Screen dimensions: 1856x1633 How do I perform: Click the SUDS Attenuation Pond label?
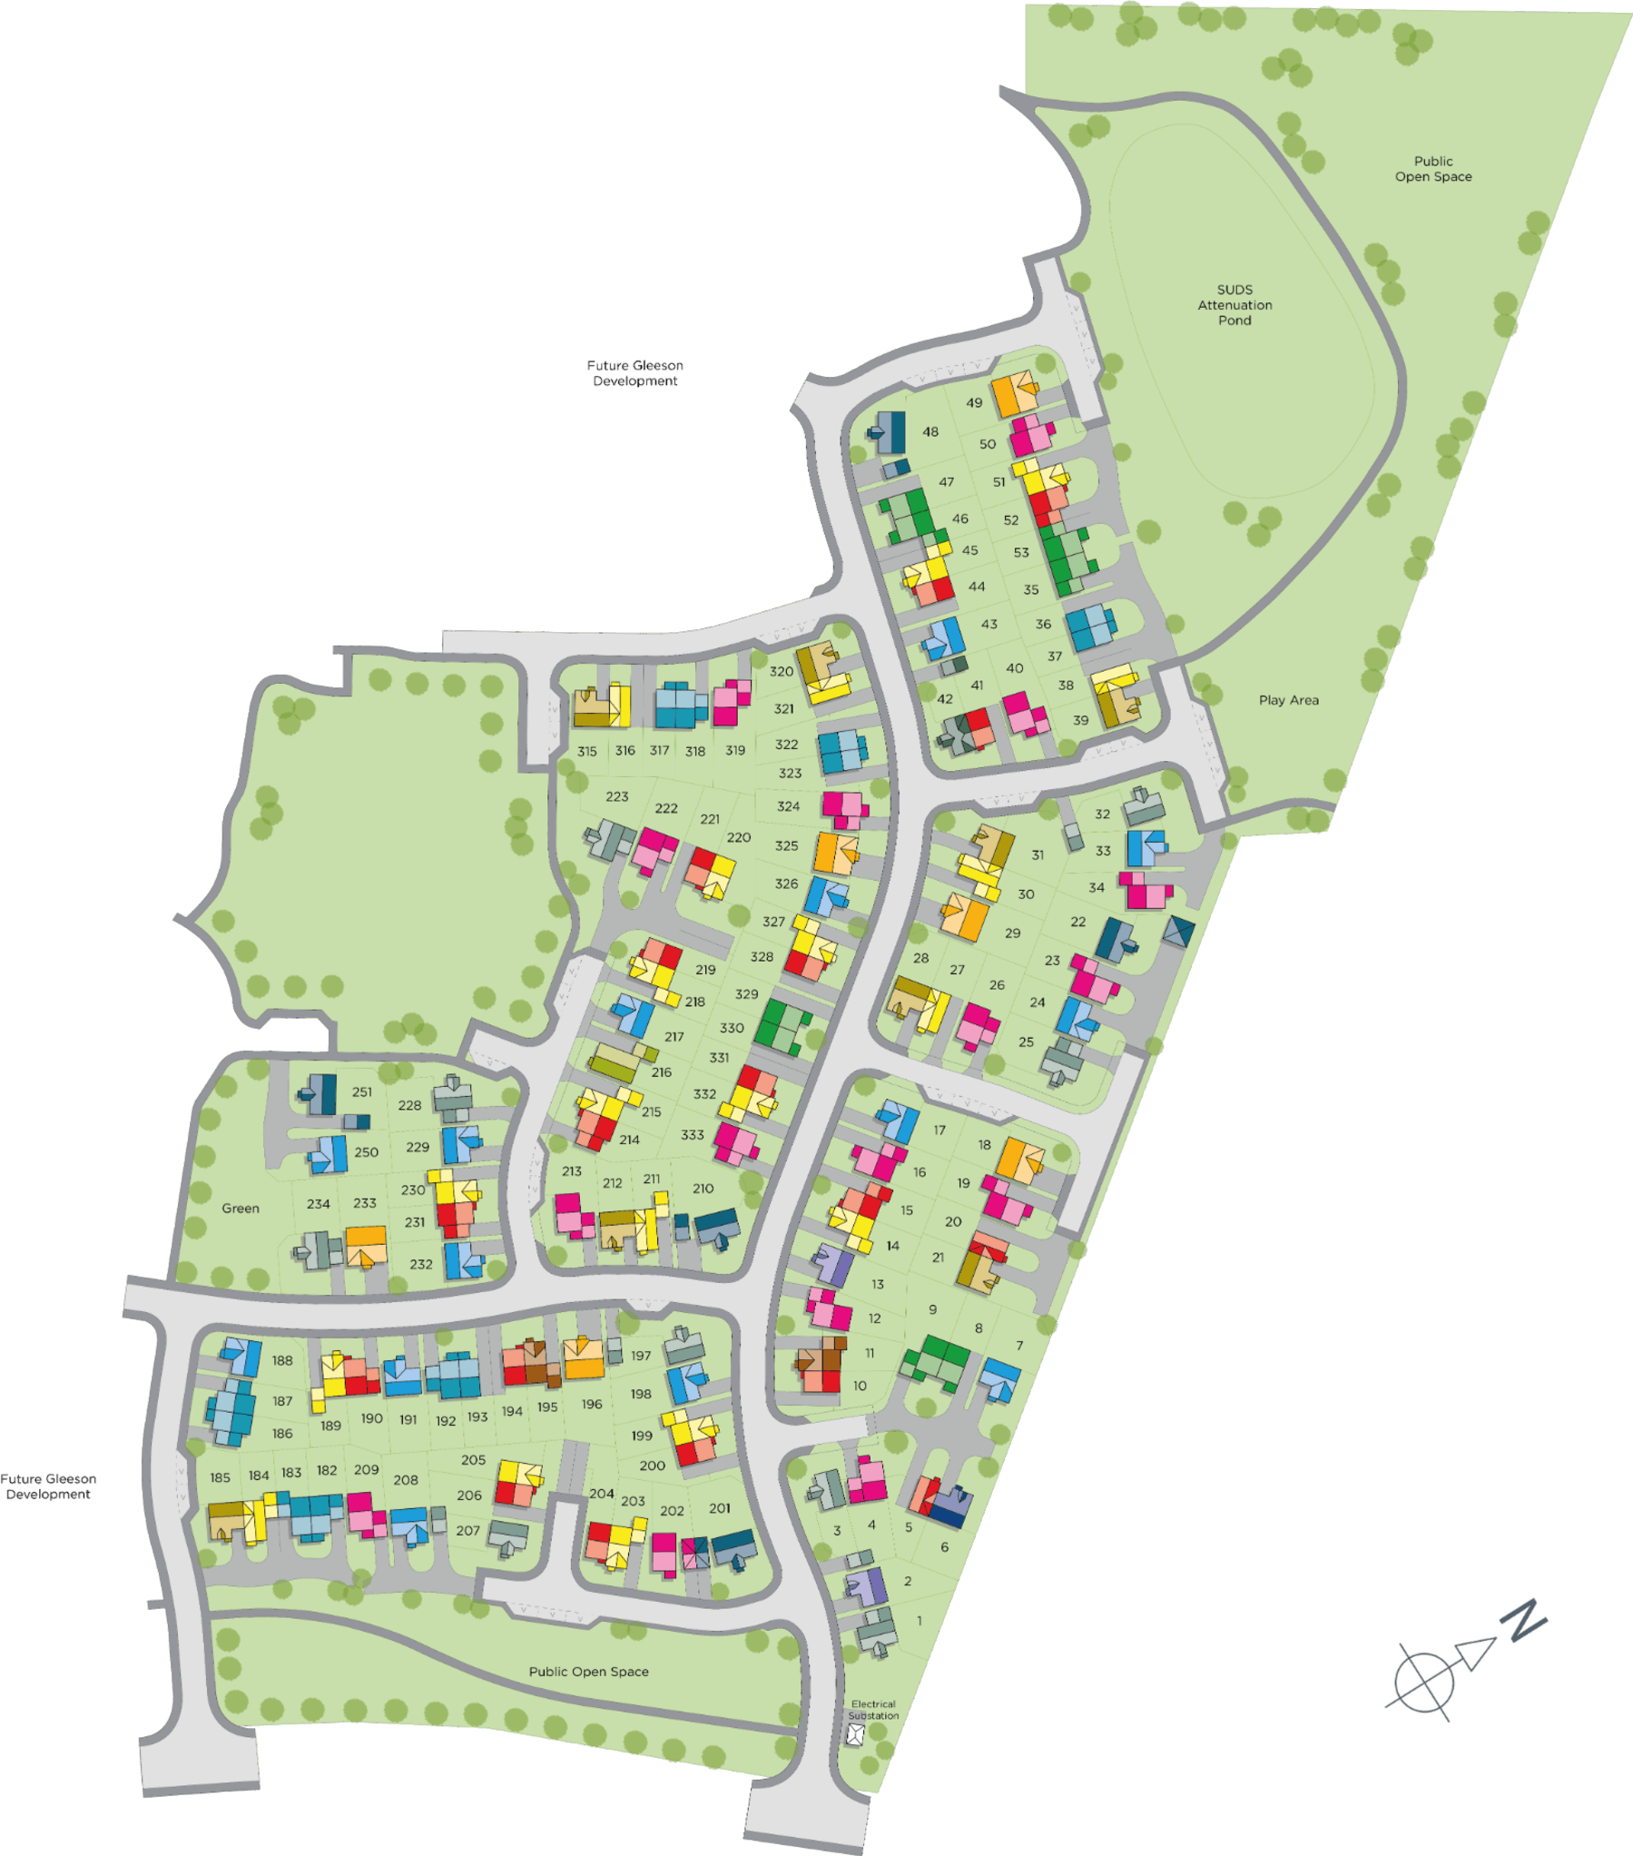(x=1235, y=305)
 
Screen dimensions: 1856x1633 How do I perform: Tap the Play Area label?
(x=1288, y=700)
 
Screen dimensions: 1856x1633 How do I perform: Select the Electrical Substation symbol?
(x=855, y=1735)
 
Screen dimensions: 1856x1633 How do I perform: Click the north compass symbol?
(x=1466, y=1661)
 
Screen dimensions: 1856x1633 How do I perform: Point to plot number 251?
(x=362, y=1092)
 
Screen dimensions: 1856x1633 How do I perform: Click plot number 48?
(x=930, y=432)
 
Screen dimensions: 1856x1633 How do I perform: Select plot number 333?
(x=693, y=1135)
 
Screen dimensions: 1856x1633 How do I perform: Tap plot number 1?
(x=920, y=1621)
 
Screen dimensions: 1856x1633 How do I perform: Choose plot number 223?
(x=617, y=796)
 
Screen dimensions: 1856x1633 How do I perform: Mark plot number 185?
(x=221, y=1477)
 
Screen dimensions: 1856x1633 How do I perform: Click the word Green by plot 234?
(x=241, y=1209)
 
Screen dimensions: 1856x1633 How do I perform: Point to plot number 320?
(x=782, y=672)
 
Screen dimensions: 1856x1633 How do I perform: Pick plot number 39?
(x=1080, y=720)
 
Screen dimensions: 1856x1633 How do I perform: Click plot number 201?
(x=720, y=1508)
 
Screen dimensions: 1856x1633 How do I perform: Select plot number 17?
(x=939, y=1130)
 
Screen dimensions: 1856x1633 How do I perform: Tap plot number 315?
(x=587, y=752)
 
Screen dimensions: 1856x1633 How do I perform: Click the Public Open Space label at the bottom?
(x=589, y=1672)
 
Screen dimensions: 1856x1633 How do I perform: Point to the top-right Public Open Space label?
(x=1433, y=169)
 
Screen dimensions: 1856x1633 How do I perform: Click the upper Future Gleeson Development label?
(x=635, y=373)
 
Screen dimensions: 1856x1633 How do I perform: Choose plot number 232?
(x=421, y=1264)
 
